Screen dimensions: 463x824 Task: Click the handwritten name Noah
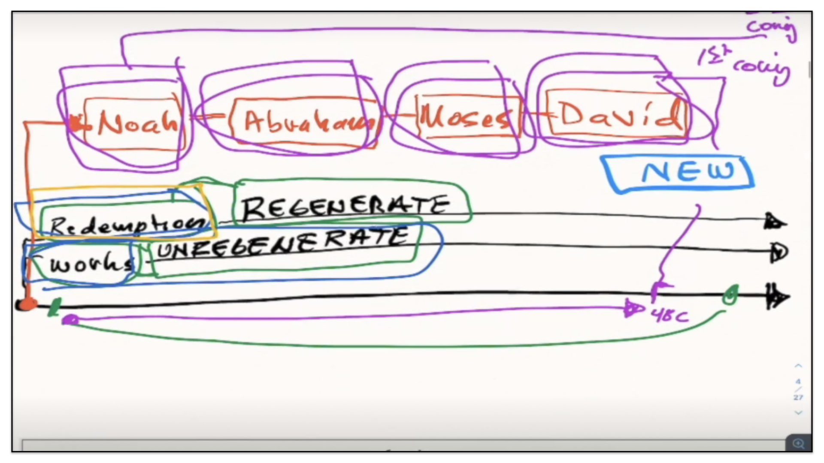[x=136, y=123]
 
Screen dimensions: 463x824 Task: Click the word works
[x=90, y=262]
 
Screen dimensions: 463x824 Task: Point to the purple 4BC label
[x=669, y=316]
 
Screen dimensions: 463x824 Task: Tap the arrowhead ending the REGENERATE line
[x=775, y=222]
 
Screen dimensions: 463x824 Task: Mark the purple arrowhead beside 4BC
[x=633, y=308]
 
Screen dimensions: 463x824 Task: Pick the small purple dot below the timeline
[x=70, y=320]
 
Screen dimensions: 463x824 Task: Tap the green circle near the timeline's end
[x=730, y=295]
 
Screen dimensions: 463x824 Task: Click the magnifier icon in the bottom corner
[x=798, y=443]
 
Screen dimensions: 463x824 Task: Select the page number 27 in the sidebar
[x=798, y=397]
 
